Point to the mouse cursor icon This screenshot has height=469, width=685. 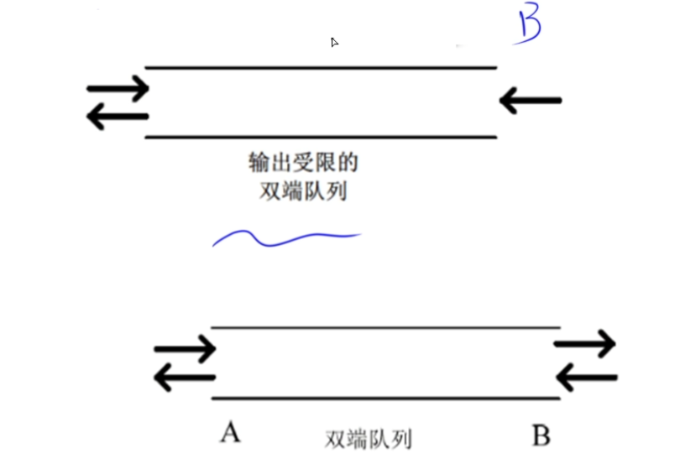(334, 42)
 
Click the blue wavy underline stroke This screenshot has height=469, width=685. (285, 237)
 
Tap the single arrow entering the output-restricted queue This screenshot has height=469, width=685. (531, 101)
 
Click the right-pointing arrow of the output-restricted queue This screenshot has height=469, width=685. (118, 87)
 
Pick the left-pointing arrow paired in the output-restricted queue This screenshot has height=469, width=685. (118, 117)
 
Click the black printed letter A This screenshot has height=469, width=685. (230, 433)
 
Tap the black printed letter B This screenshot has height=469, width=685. (541, 435)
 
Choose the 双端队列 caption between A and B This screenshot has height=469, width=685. (368, 439)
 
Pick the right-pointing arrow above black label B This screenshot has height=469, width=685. (585, 342)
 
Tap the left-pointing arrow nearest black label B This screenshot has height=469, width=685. (587, 378)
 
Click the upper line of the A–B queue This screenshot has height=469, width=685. (385, 327)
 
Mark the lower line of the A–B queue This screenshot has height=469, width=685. (385, 398)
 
